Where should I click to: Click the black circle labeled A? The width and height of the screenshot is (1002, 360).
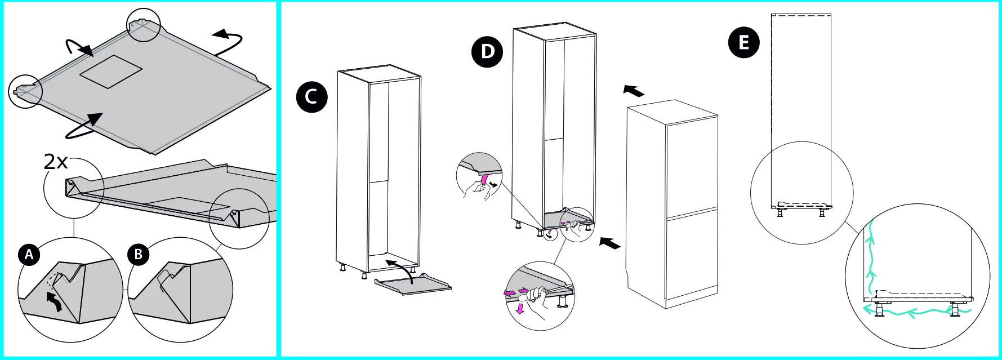pyautogui.click(x=29, y=255)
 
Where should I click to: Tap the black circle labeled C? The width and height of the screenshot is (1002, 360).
pyautogui.click(x=311, y=97)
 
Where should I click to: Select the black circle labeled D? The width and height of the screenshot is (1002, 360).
pyautogui.click(x=487, y=52)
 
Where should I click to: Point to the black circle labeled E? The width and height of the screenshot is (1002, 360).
pyautogui.click(x=744, y=42)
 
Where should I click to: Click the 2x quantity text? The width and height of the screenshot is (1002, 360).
pyautogui.click(x=56, y=162)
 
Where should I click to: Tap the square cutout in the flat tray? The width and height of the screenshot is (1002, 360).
pyautogui.click(x=110, y=72)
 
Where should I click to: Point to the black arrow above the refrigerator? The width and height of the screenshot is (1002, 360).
pyautogui.click(x=634, y=90)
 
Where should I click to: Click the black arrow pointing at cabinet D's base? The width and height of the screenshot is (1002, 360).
pyautogui.click(x=610, y=243)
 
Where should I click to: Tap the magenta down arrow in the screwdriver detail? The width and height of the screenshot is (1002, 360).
pyautogui.click(x=520, y=309)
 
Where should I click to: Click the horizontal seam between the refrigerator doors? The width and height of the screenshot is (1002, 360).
pyautogui.click(x=692, y=214)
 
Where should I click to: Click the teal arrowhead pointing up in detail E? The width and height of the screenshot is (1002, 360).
pyautogui.click(x=872, y=277)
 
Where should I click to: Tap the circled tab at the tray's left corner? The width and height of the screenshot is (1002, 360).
pyautogui.click(x=26, y=90)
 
